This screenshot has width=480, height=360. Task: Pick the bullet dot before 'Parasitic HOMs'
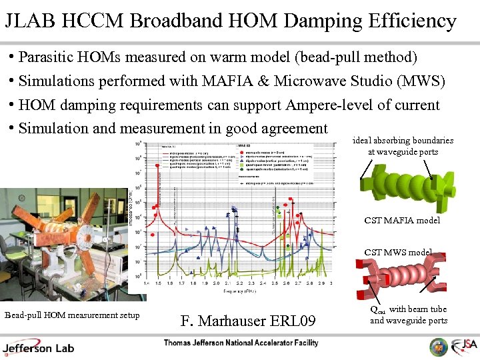click(x=12, y=56)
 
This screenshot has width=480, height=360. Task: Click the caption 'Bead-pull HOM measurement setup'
click(x=72, y=315)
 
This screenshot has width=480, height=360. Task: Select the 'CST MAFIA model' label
click(x=402, y=220)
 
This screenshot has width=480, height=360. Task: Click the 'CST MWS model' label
click(x=398, y=252)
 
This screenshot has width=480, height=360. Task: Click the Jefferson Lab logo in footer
click(x=39, y=347)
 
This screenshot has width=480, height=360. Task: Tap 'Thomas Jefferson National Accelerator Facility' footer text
click(x=241, y=343)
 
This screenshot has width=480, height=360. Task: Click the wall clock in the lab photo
click(x=22, y=198)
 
